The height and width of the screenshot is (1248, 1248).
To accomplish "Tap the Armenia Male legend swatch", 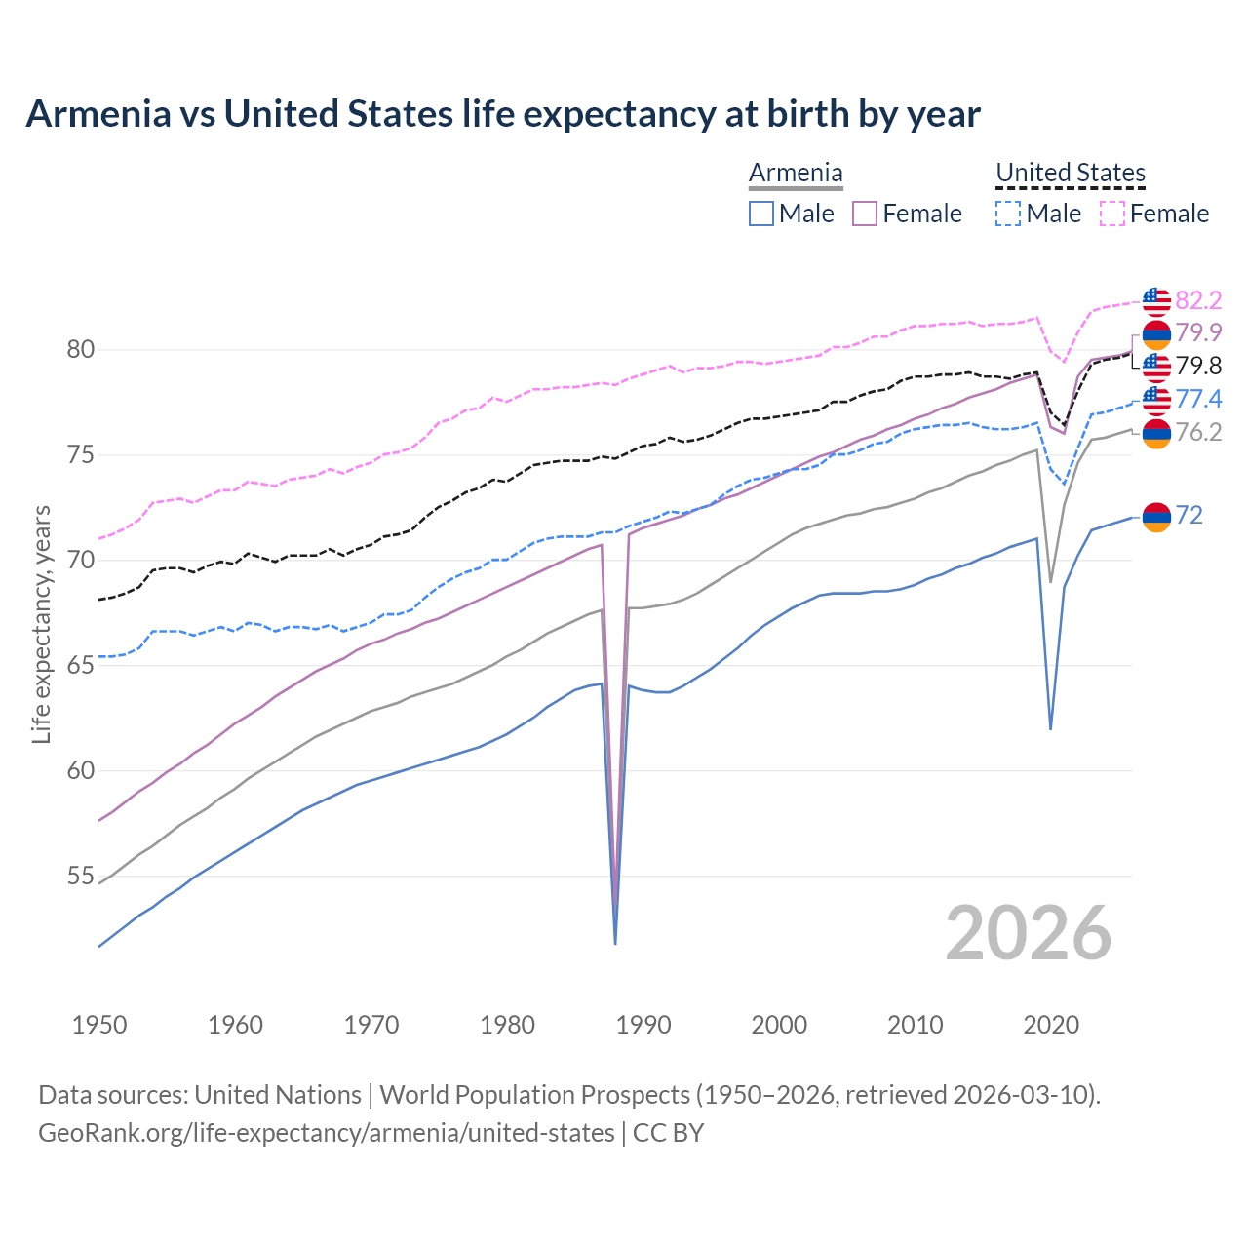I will [761, 214].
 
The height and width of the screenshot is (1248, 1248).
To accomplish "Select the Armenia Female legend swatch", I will [865, 214].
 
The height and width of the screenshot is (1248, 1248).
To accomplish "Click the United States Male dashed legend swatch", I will [1008, 214].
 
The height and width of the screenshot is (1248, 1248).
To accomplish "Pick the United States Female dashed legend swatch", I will [1112, 214].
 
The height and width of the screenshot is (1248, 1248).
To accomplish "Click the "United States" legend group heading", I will [1070, 173].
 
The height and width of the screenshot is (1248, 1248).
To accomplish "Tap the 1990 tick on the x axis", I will [643, 1025].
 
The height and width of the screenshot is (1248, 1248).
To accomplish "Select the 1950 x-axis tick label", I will [99, 1025].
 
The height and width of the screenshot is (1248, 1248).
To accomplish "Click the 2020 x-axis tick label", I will [1051, 1025].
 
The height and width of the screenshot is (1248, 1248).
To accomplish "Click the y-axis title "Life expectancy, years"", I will [42, 624].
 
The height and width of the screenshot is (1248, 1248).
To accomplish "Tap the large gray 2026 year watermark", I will [1028, 933].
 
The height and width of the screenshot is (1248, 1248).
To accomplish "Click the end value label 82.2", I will [1198, 300].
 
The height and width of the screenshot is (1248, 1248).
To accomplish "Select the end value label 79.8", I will [1198, 366].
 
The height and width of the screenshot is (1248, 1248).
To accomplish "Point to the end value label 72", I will [1189, 515].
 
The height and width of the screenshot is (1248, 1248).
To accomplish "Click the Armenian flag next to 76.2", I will [1155, 433].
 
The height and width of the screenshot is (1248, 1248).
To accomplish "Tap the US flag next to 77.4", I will [1155, 399].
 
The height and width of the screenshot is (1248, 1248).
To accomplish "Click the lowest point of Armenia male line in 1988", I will [615, 943].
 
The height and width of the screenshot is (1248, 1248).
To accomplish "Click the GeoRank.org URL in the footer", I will [326, 1133].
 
